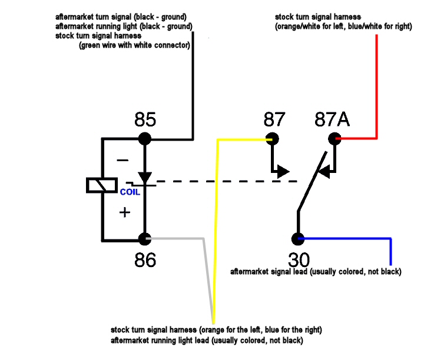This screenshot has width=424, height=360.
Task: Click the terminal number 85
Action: pyautogui.click(x=145, y=119)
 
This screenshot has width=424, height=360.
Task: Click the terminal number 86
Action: pyautogui.click(x=145, y=260)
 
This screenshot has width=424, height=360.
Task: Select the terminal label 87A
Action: pyautogui.click(x=332, y=119)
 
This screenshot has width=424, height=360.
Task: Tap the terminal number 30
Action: pyautogui.click(x=299, y=260)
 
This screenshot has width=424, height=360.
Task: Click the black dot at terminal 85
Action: pyautogui.click(x=145, y=139)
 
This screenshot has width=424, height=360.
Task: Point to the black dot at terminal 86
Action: pyautogui.click(x=145, y=239)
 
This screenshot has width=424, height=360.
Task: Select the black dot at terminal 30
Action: pyautogui.click(x=298, y=239)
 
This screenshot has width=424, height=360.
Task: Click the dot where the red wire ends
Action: pyautogui.click(x=334, y=139)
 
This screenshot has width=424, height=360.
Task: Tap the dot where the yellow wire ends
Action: pyautogui.click(x=272, y=139)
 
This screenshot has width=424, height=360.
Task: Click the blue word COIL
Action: pyautogui.click(x=130, y=192)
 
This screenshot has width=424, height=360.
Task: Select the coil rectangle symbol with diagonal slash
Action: pyautogui.click(x=102, y=185)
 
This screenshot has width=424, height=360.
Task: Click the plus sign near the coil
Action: pyautogui.click(x=125, y=212)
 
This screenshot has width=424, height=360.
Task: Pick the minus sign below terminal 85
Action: pyautogui.click(x=122, y=161)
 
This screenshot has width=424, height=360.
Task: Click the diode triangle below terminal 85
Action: pyautogui.click(x=145, y=178)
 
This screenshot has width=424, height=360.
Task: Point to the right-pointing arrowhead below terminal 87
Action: pyautogui.click(x=283, y=172)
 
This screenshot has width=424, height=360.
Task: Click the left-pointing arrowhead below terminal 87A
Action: pyautogui.click(x=324, y=172)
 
